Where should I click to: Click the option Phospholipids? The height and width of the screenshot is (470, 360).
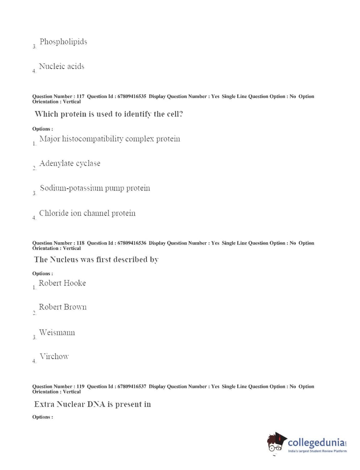tap(63, 42)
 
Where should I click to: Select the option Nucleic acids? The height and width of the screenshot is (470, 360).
tap(62, 66)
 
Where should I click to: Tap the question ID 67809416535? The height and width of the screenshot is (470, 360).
tap(132, 96)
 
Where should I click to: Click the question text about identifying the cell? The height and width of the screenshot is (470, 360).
tap(108, 114)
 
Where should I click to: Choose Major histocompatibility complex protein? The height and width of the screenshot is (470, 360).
tap(109, 139)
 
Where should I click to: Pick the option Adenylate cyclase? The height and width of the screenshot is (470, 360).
tap(70, 164)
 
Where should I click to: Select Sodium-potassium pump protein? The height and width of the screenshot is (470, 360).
tap(95, 188)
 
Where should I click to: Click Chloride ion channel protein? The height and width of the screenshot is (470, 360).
tap(87, 213)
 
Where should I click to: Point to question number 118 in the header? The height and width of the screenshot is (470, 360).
tap(80, 243)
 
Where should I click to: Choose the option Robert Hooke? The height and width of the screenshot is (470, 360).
tap(62, 283)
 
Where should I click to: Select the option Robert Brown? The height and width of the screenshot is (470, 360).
tap(63, 307)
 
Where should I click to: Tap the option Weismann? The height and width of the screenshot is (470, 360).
tap(57, 333)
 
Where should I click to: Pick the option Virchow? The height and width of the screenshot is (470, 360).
tap(54, 356)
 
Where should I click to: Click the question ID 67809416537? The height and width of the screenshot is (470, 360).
tap(132, 387)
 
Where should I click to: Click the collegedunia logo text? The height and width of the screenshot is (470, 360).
tap(316, 443)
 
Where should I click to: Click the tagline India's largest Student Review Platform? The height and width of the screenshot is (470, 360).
tap(317, 451)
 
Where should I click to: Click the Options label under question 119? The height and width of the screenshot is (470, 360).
tap(42, 417)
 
